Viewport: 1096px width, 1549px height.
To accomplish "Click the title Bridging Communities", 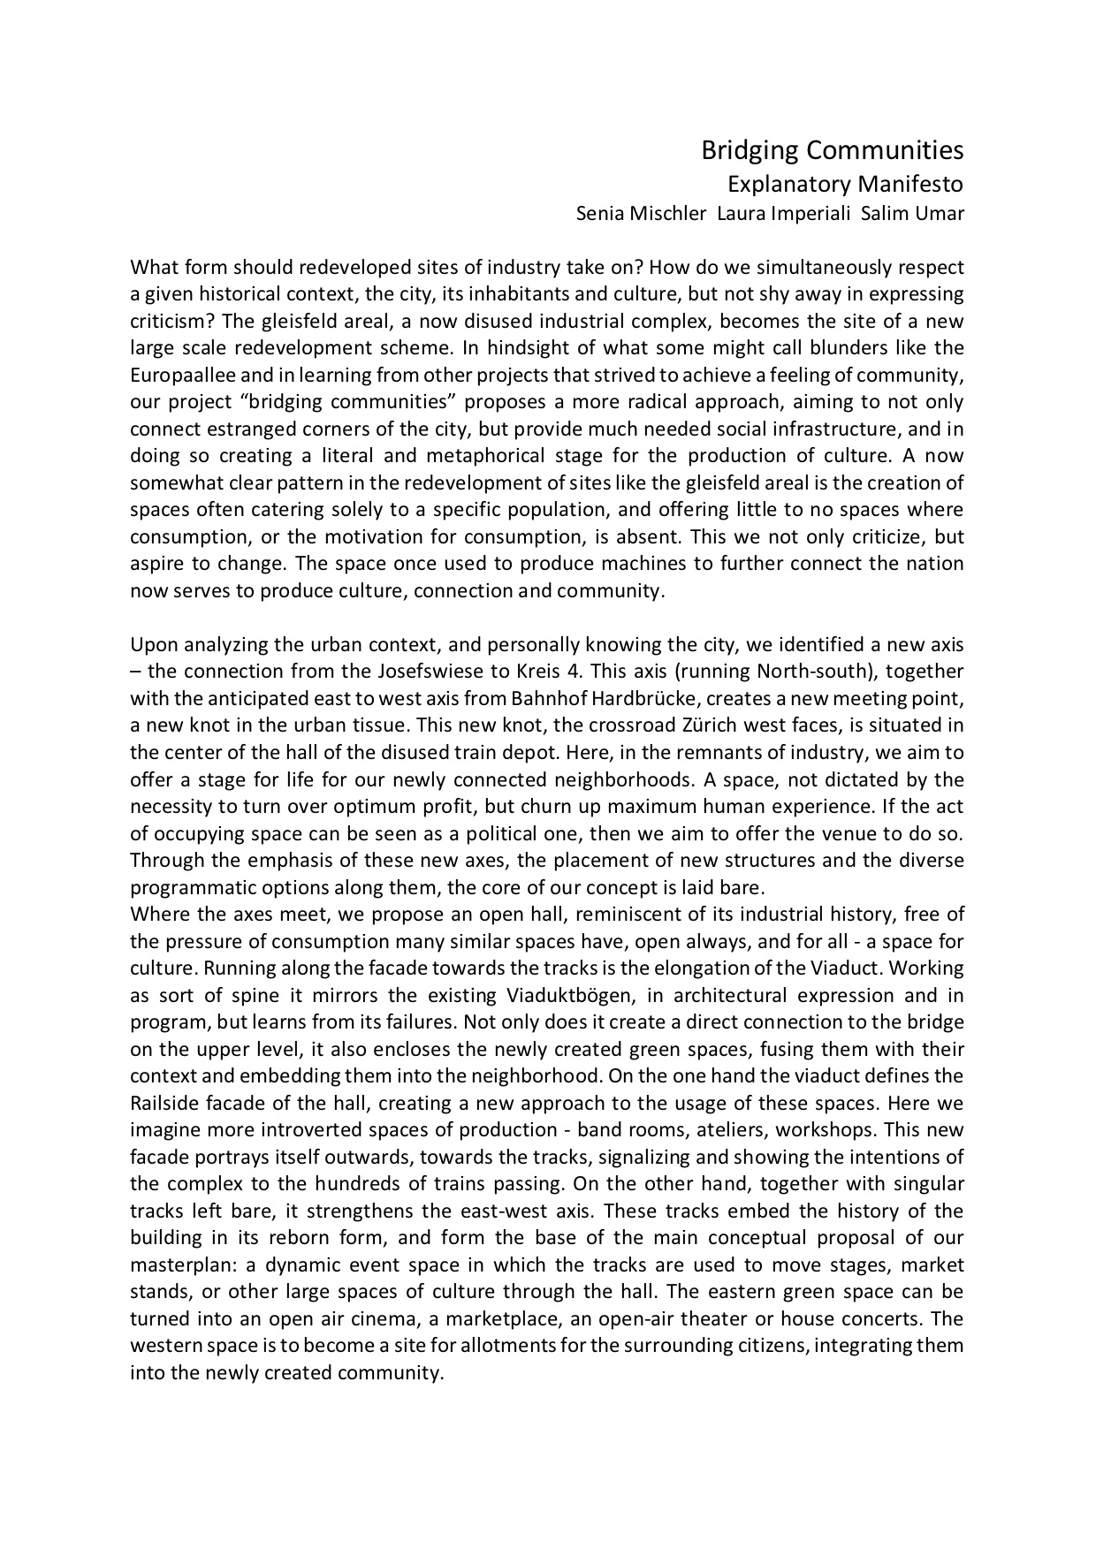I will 832,151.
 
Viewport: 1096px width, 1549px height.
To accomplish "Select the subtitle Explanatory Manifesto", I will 844,185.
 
